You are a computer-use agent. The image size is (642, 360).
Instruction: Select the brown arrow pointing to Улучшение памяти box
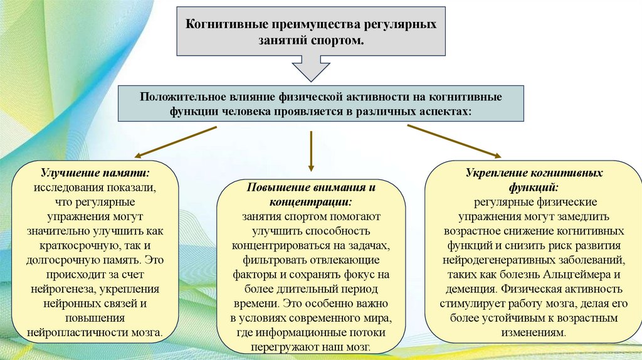(x=176, y=142)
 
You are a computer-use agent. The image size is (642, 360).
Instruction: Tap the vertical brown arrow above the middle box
(x=311, y=150)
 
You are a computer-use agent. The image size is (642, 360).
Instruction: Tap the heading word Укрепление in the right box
(x=495, y=173)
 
